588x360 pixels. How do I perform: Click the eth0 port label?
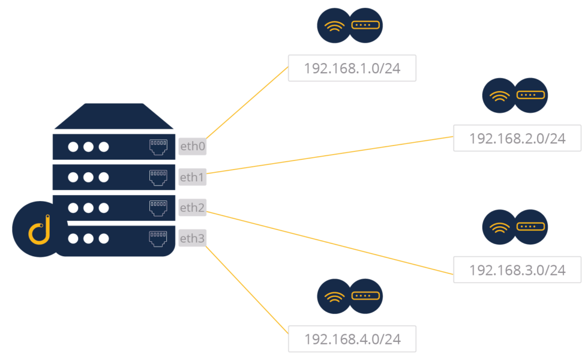[x=192, y=146]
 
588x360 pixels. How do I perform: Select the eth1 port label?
[x=192, y=177]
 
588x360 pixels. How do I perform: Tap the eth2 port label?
[x=192, y=208]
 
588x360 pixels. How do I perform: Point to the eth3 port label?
[x=192, y=239]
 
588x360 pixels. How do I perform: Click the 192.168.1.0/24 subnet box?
[x=352, y=68]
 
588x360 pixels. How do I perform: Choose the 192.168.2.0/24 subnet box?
[x=517, y=138]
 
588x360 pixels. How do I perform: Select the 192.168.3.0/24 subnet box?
[x=517, y=269]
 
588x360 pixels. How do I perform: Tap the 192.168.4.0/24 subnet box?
[x=352, y=339]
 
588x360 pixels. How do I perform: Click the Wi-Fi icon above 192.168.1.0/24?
[x=334, y=26]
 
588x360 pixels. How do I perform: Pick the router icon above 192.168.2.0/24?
[x=531, y=95]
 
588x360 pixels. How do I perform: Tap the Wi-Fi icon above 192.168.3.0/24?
[x=499, y=227]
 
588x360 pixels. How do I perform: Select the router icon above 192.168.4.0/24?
[x=365, y=296]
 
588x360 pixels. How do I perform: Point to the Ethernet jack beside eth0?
[x=158, y=146]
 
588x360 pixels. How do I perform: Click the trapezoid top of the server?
[x=114, y=116]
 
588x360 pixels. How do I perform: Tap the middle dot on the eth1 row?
[x=88, y=177]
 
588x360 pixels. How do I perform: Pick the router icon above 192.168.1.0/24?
[x=365, y=26]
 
